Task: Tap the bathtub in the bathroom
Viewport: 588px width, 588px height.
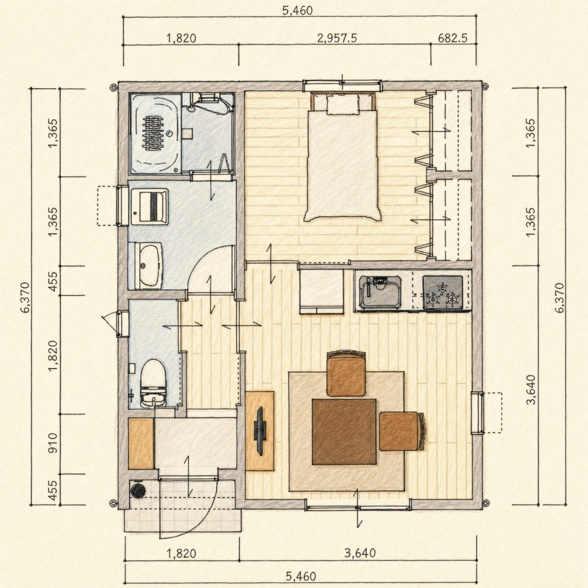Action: (155, 133)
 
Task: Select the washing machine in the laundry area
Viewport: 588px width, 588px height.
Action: (149, 207)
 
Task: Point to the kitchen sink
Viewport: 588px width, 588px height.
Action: (379, 292)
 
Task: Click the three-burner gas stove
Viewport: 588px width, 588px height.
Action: (442, 292)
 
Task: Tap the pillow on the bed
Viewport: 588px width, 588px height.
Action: (343, 104)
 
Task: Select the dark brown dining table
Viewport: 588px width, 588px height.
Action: (344, 432)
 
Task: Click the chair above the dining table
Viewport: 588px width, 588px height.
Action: (346, 374)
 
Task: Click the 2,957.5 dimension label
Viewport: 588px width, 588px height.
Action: (337, 38)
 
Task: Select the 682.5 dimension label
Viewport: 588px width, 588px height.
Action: (453, 38)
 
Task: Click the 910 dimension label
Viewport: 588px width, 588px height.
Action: (53, 443)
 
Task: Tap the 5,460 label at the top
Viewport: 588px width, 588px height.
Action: (297, 11)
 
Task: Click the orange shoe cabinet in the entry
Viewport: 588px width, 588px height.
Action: (141, 443)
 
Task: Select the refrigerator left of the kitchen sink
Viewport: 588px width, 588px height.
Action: (322, 291)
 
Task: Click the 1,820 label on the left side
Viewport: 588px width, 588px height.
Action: (53, 356)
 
